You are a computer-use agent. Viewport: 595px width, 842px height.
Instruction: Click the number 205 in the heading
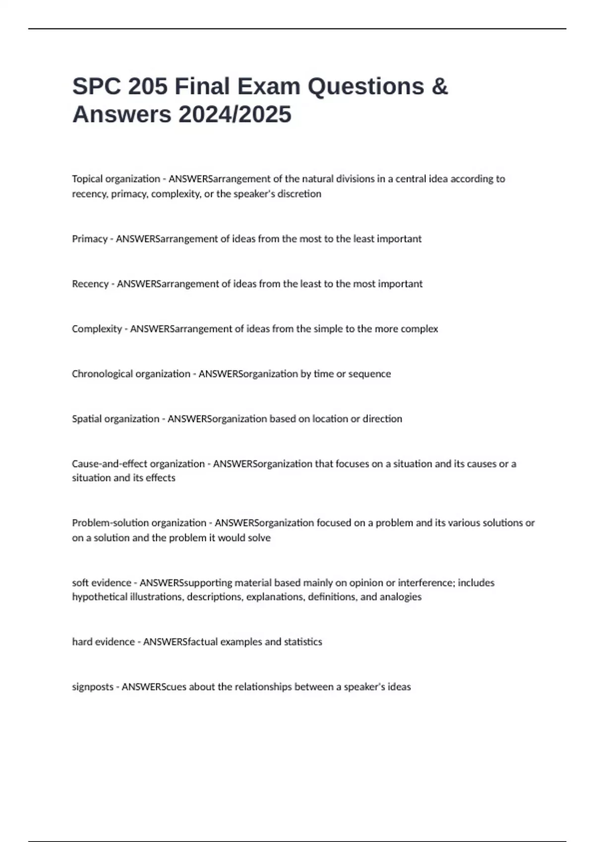[x=148, y=87]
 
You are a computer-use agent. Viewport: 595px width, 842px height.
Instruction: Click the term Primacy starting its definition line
[x=90, y=239]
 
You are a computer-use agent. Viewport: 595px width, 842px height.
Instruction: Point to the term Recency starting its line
[x=90, y=284]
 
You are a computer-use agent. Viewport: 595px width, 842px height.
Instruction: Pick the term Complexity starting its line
[x=97, y=329]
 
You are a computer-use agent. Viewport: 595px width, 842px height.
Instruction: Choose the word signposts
[x=93, y=687]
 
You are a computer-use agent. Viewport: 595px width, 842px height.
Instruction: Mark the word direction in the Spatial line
[x=382, y=419]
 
